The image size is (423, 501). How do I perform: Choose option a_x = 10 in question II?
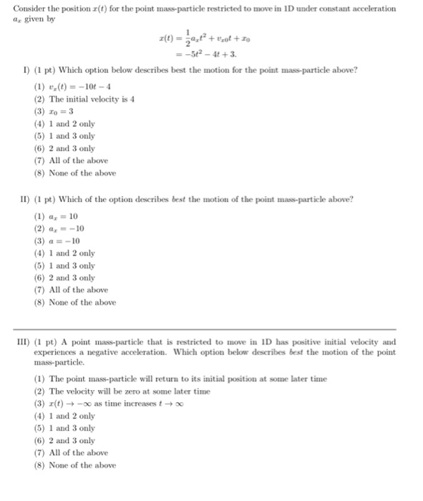[60, 215]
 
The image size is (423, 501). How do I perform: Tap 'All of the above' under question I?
[71, 160]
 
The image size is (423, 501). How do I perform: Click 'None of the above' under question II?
[74, 302]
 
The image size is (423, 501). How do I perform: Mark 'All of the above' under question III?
[71, 452]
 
